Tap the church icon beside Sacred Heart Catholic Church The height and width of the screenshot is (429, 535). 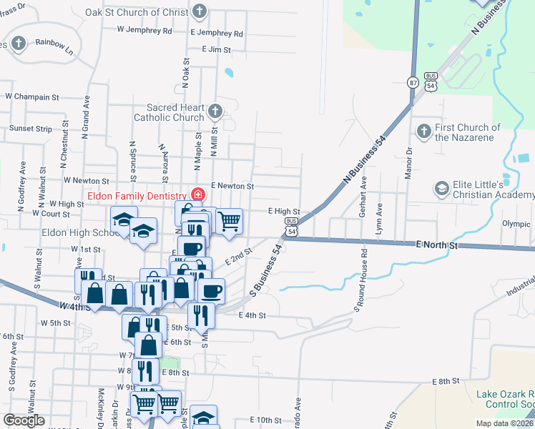point(215,111)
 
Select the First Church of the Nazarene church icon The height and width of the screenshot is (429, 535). point(423,131)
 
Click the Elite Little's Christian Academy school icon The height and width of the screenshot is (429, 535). point(441,189)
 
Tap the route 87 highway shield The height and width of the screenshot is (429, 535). point(413,82)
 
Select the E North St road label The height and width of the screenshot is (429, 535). point(438,245)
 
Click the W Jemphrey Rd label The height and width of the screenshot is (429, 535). point(145,31)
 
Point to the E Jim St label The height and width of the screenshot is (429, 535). point(217,49)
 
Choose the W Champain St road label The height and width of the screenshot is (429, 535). point(31,96)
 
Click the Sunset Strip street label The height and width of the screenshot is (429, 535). point(31,129)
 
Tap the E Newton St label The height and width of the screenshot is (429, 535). point(232,186)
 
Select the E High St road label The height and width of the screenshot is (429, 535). point(283,212)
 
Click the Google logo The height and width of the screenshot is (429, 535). point(24,420)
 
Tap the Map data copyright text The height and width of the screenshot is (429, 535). point(504,423)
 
